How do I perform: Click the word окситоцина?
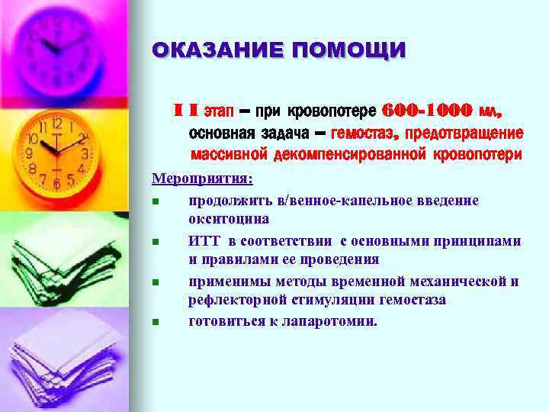[x=228, y=219]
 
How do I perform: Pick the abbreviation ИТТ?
[x=202, y=240]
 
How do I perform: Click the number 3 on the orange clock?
[x=85, y=153]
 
